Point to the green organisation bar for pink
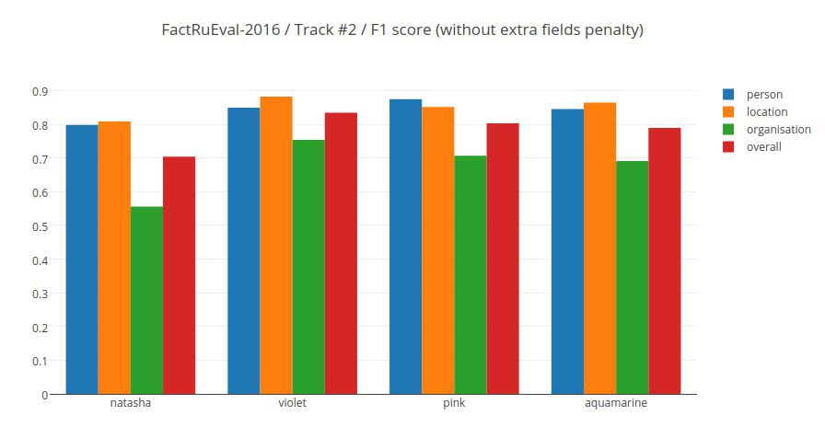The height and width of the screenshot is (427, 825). [x=470, y=275]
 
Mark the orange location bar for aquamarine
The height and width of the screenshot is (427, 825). [x=599, y=248]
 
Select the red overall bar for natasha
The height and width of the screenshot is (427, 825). [x=179, y=275]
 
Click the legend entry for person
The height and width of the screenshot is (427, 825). [x=763, y=95]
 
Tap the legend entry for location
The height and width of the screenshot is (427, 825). [x=766, y=112]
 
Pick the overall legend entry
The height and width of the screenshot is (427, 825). [x=763, y=147]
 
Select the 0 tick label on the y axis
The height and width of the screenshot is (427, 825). [x=44, y=395]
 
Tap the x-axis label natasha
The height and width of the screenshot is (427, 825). [x=130, y=404]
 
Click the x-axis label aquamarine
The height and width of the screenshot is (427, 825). [x=615, y=404]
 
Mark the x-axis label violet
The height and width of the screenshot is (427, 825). [x=292, y=404]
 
